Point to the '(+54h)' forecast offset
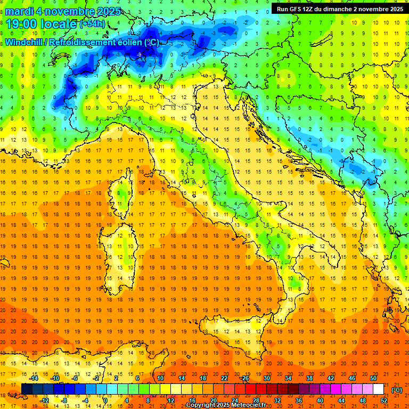[x=93, y=24]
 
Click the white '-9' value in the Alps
[x=138, y=54]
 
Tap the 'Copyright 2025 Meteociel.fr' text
[x=230, y=405]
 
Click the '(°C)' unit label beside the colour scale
[x=397, y=389]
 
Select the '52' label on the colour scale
[x=384, y=400]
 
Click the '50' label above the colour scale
[x=373, y=378]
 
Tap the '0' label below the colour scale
[x=105, y=400]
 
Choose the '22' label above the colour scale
[x=224, y=378]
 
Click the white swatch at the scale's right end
[x=378, y=389]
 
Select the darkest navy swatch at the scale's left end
[x=27, y=389]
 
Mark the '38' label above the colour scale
[x=309, y=378]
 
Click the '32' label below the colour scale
[x=277, y=400]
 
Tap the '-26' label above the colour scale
[x=244, y=378]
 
